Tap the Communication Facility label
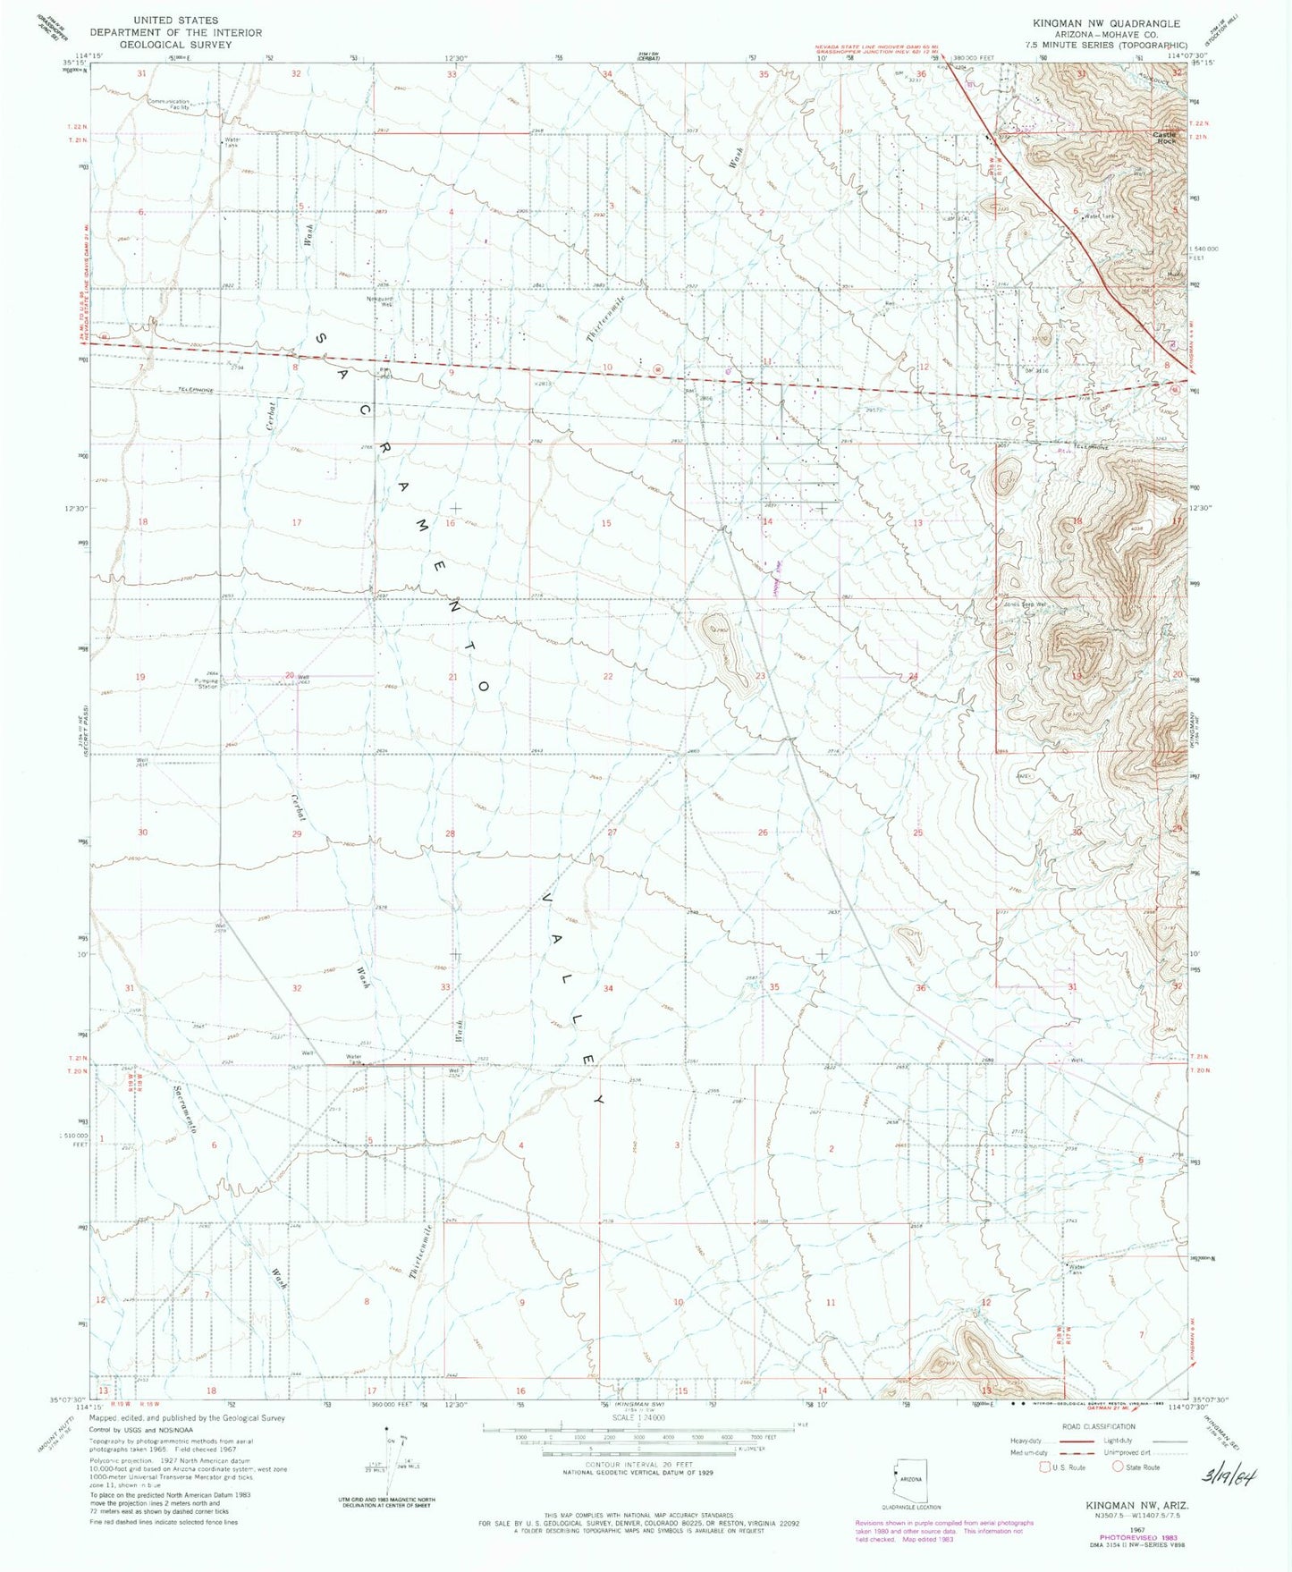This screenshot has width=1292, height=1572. (169, 105)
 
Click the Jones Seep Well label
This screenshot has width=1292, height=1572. (1024, 604)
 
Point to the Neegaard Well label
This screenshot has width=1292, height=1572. (381, 302)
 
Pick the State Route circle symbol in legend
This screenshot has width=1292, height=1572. (1117, 1466)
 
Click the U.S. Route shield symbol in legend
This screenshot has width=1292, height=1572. (1044, 1466)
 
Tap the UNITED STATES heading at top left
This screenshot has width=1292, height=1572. (174, 20)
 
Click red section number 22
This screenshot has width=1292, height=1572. (608, 676)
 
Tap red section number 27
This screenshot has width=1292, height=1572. (612, 832)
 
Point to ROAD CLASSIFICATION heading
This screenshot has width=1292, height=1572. (1097, 1426)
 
